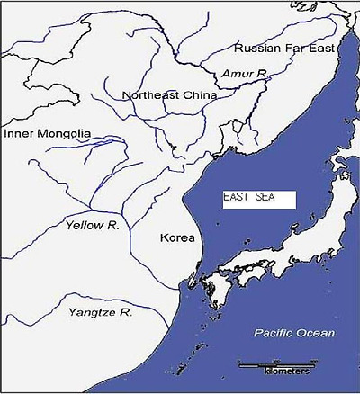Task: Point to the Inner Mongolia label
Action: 48,134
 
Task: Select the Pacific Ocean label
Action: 293,334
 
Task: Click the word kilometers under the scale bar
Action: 286,371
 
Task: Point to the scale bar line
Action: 274,363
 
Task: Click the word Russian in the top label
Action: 253,47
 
